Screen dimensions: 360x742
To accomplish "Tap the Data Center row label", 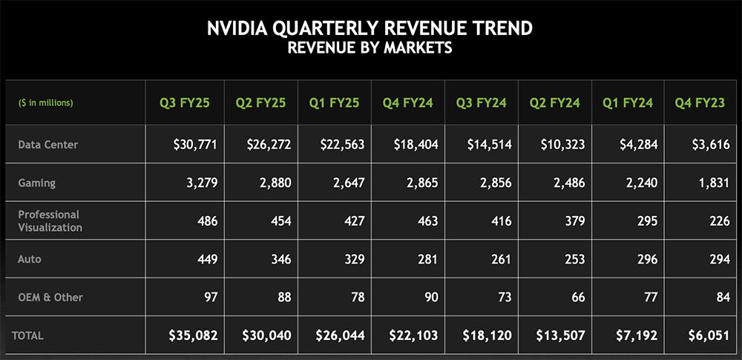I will point(48,145).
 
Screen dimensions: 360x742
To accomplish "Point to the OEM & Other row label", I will point(50,297).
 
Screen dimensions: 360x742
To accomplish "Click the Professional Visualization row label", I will point(49,220).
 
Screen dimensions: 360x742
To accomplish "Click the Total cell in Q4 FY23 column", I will point(710,336).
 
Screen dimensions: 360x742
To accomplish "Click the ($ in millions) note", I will point(45,102).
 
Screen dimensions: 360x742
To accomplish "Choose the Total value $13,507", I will point(562,336).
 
